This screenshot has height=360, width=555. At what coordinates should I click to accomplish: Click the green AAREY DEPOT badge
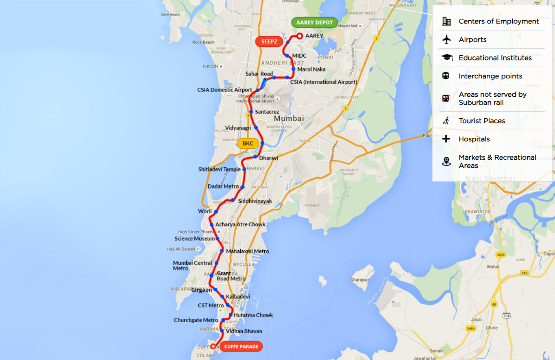pos(314,23)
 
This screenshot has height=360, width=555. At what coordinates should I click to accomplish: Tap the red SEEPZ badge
pos(269,41)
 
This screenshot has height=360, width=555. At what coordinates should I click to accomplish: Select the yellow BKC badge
pos(248,143)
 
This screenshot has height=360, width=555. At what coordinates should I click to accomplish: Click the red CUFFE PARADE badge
pos(241,347)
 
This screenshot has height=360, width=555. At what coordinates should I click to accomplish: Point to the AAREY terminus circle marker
pos(300,36)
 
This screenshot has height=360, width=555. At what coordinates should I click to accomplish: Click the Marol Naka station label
pos(311,69)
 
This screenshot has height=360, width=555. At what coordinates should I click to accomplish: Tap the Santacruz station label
pos(267,112)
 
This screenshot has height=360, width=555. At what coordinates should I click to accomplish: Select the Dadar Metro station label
pos(223,187)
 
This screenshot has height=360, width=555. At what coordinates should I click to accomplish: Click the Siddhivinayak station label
pos(255,201)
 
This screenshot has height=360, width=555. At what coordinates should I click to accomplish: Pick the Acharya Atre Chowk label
pos(240,224)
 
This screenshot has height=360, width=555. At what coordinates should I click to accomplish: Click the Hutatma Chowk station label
pos(253,315)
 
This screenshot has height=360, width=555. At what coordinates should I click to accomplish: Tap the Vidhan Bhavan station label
pos(244,331)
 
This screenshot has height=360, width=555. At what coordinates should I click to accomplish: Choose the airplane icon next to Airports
pos(446,39)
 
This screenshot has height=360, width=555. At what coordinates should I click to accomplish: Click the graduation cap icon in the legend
pos(446,58)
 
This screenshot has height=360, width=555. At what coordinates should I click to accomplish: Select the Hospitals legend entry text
pos(474,139)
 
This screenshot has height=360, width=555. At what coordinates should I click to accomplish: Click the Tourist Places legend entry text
pos(482,121)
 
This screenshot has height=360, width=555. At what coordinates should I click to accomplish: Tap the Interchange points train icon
pos(446,76)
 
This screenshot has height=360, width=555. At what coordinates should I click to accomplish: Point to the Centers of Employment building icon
pos(446,21)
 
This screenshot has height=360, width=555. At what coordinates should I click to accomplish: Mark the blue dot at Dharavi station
pos(255,157)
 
